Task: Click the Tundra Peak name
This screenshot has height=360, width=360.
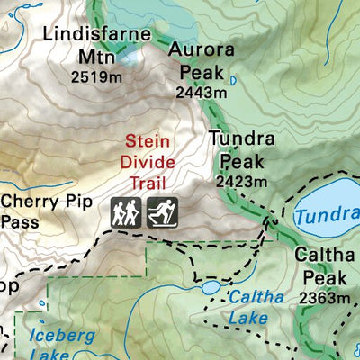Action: (x=238, y=150)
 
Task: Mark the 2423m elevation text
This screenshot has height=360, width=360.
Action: (x=241, y=181)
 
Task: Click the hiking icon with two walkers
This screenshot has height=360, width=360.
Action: (x=127, y=212)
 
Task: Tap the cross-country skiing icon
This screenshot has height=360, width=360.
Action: (x=162, y=212)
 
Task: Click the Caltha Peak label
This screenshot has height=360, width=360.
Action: (x=320, y=265)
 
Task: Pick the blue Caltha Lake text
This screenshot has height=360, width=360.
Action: (x=255, y=306)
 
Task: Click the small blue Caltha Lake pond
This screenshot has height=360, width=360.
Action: (x=210, y=286)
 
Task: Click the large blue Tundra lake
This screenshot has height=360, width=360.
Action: (x=328, y=202)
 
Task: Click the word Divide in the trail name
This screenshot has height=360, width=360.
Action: (x=147, y=163)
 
